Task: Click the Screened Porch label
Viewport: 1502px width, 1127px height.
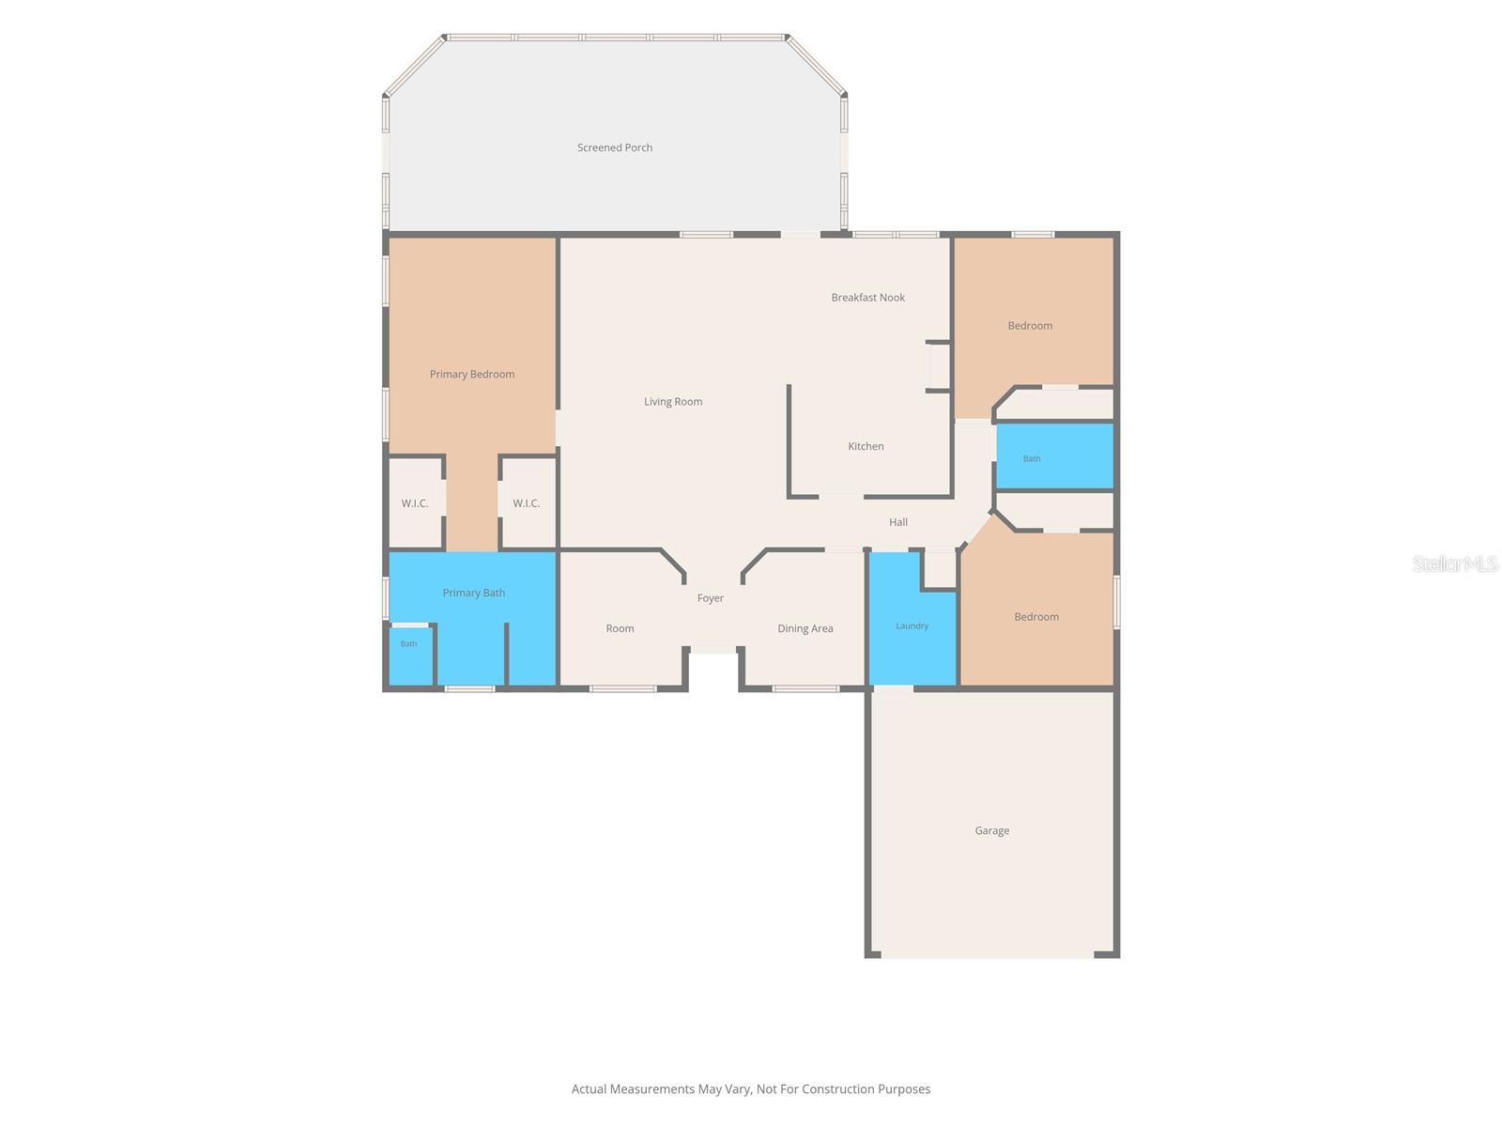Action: click(615, 147)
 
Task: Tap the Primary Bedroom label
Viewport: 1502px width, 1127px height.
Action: click(472, 375)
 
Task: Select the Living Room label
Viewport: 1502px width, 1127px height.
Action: click(673, 402)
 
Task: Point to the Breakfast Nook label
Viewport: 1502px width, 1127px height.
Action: click(867, 298)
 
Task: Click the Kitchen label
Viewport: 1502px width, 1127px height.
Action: click(866, 446)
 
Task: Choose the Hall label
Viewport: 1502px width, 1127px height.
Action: click(897, 522)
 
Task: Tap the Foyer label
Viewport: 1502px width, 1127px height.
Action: click(711, 598)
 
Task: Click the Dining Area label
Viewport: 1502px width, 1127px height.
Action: click(805, 629)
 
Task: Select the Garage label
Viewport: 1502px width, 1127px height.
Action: click(991, 831)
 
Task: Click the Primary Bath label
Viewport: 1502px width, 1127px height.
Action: click(473, 593)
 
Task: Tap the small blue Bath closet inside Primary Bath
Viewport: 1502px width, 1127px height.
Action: click(410, 656)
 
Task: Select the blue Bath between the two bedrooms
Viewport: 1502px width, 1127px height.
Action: click(1054, 456)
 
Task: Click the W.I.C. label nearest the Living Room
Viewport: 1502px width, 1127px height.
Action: click(527, 503)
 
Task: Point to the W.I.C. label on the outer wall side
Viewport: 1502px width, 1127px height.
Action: click(415, 503)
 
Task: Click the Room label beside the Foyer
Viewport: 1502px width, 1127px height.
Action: click(620, 629)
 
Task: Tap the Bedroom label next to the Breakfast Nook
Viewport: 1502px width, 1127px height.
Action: click(1030, 326)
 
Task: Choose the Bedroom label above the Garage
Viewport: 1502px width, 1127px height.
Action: click(1036, 617)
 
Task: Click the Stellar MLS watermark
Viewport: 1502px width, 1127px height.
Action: click(1455, 563)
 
